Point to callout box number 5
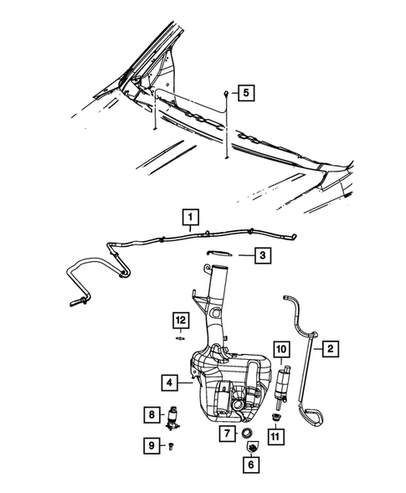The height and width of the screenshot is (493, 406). coord(244,93)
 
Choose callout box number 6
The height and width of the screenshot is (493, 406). coord(249,463)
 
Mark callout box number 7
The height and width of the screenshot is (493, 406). coord(228,433)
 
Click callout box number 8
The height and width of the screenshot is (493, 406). coord(151,413)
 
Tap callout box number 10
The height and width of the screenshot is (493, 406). coord(280,348)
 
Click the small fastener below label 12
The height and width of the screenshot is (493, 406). coord(180,339)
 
